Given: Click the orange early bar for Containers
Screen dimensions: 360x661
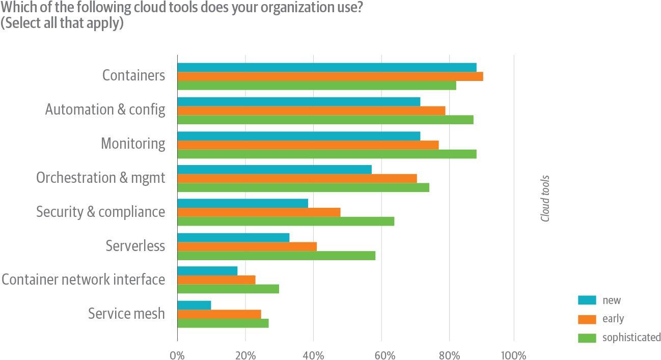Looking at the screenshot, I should (330, 76).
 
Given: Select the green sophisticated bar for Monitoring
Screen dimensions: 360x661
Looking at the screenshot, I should (327, 154).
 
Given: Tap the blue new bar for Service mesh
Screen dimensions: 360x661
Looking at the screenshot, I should (194, 305).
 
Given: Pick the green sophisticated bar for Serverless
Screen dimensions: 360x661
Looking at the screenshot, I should (277, 256).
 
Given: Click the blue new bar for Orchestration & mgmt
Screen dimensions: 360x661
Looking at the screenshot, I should (274, 169).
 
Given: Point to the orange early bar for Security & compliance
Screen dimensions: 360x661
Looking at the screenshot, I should (259, 212).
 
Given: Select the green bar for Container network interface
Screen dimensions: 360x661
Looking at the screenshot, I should (228, 289).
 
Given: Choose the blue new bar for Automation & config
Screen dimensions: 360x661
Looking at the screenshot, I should (299, 101).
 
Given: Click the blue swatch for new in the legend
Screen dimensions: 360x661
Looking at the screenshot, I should (587, 300).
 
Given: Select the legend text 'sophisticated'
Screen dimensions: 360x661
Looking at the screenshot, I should (631, 338).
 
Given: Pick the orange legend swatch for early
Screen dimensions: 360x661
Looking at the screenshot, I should (587, 319).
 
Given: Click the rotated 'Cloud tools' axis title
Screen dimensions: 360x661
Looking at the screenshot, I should (545, 199).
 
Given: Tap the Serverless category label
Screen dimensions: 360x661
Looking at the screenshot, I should (135, 246).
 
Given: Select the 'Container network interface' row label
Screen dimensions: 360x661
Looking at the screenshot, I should (84, 280).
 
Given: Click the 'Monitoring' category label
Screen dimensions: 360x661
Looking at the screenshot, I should (133, 144).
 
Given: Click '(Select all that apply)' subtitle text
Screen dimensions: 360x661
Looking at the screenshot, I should (62, 23).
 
